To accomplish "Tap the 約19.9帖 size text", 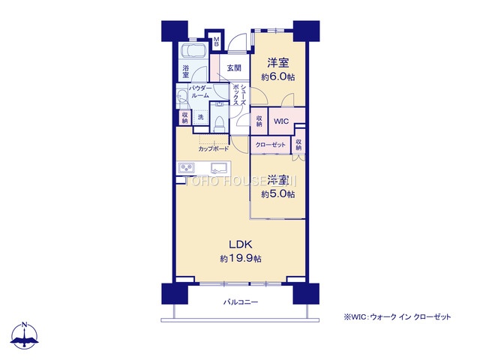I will pos(240,259).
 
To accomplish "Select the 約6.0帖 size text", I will pos(278,76).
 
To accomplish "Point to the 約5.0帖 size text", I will pos(278,194).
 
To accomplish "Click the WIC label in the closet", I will pos(281,121).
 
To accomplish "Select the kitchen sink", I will pos(219,167).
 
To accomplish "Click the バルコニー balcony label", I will pos(240,301).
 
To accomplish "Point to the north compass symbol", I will pos(26,337).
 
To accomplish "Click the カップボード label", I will pos(214,148).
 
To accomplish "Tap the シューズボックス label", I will pos(238,94).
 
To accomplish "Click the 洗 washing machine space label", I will pos(200,117).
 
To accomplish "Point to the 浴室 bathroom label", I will pos(185,73).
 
